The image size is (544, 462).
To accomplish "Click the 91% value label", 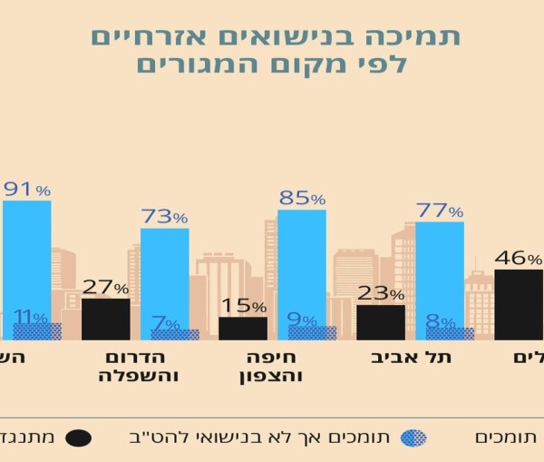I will [x=27, y=190].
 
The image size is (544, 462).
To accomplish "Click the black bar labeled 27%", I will [x=106, y=319].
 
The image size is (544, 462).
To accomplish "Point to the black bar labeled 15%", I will [x=243, y=328].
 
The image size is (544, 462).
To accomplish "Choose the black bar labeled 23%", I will [x=381, y=322].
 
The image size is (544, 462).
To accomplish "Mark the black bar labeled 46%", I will [x=519, y=304].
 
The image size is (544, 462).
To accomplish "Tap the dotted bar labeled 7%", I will [x=175, y=335].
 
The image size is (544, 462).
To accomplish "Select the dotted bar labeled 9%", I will [x=313, y=333].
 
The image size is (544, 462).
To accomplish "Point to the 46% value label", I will [x=518, y=258].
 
